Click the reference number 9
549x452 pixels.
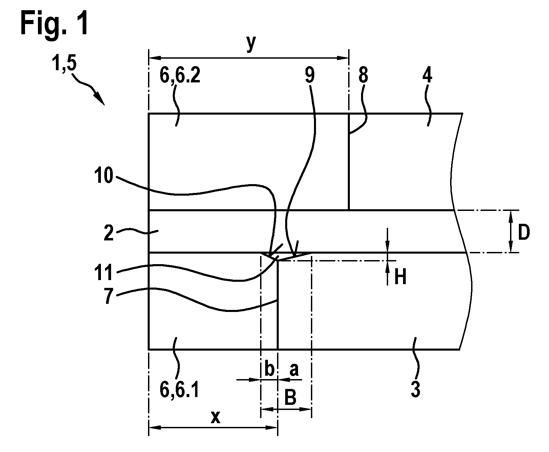tap(310, 76)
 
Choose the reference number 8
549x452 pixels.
tap(363, 76)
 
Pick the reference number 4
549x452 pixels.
tap(427, 76)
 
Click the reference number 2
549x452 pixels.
tap(109, 234)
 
